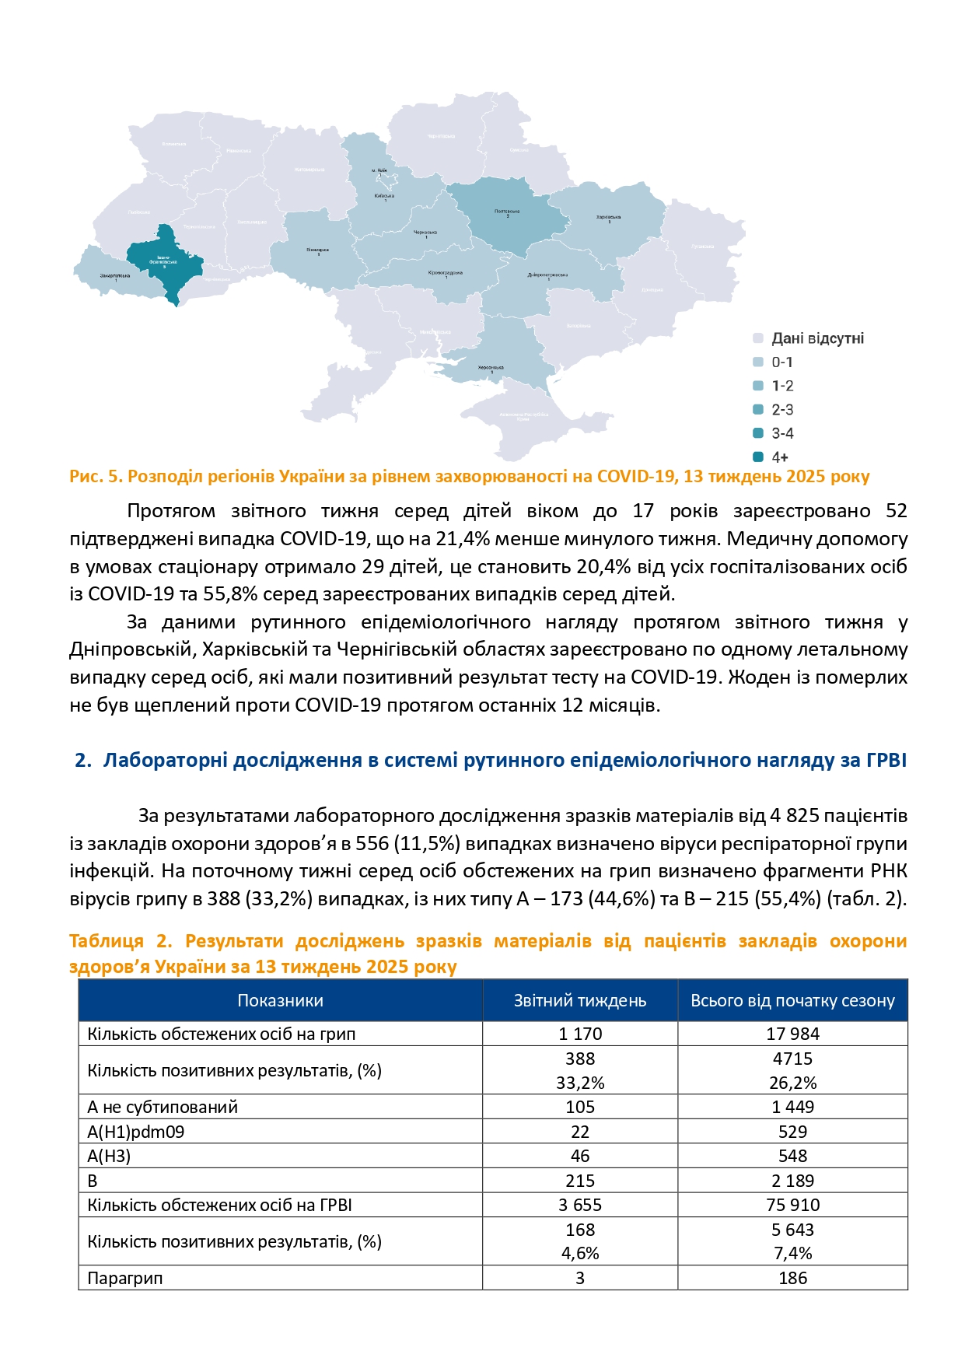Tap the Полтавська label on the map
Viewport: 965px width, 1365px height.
click(507, 212)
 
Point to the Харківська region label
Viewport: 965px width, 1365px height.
click(608, 217)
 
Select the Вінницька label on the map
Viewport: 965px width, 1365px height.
click(317, 250)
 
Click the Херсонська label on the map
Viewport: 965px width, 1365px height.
click(491, 367)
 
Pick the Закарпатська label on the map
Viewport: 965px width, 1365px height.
click(115, 275)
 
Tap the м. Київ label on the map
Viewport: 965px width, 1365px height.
click(379, 170)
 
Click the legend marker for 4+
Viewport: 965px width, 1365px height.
click(758, 457)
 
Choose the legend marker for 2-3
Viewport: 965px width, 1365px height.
click(758, 410)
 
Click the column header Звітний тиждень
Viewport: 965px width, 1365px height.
click(579, 1001)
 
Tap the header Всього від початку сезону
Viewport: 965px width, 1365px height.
click(792, 1001)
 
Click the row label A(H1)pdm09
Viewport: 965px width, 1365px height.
click(136, 1132)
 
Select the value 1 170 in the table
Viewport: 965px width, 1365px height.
click(579, 1034)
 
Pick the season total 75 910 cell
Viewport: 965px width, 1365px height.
click(792, 1205)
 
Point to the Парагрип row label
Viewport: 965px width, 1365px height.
click(125, 1278)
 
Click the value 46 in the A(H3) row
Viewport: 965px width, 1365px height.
click(579, 1156)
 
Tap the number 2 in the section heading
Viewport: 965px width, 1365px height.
click(80, 760)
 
